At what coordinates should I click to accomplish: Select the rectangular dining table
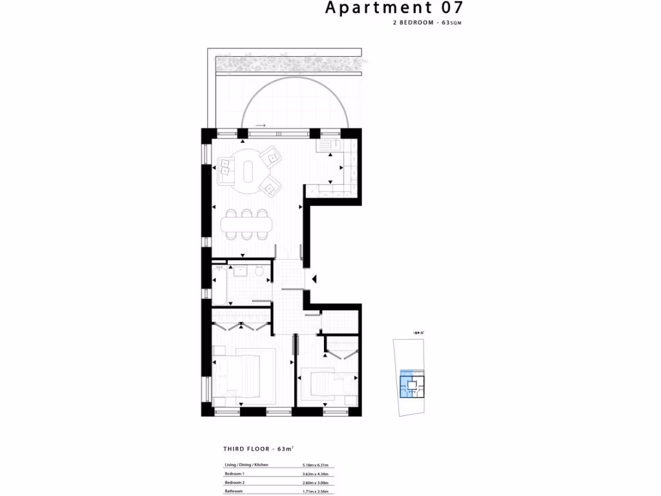tap(247, 225)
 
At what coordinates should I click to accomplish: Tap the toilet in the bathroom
tap(258, 274)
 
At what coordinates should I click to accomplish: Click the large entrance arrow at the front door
tap(314, 279)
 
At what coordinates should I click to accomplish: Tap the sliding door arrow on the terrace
tap(261, 125)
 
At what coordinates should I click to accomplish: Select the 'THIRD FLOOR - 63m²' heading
tap(258, 448)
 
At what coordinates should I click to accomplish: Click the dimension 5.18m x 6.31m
tap(315, 465)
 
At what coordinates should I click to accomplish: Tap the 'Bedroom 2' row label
tap(234, 482)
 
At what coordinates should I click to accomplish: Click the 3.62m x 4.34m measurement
tap(315, 474)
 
